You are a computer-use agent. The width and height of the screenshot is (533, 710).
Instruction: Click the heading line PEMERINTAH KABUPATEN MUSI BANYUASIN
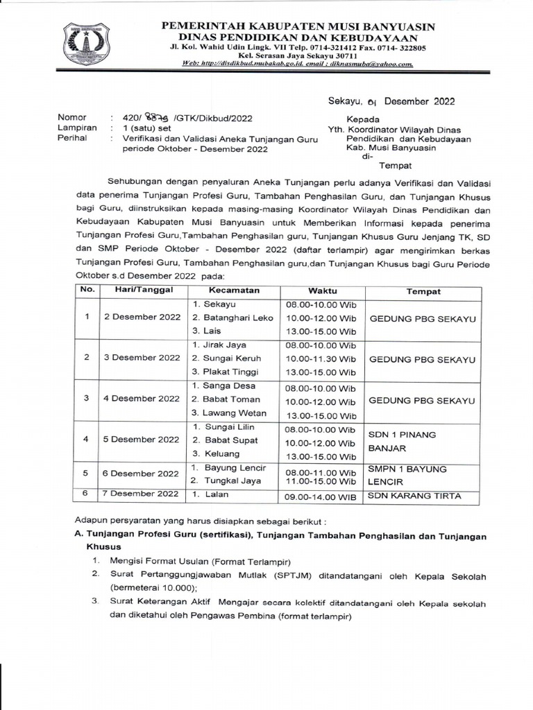pyautogui.click(x=298, y=26)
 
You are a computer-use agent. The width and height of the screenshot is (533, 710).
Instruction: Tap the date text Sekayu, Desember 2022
pyautogui.click(x=391, y=101)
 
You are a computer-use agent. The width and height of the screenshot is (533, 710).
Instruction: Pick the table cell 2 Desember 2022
pyautogui.click(x=142, y=317)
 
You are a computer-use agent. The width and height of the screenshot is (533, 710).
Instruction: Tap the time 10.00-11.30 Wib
pyautogui.click(x=320, y=358)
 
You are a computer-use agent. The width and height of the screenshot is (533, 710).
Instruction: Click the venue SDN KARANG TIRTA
pyautogui.click(x=423, y=495)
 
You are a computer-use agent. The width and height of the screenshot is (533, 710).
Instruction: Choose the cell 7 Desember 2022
pyautogui.click(x=142, y=495)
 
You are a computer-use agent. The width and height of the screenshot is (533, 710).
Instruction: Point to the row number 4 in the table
pyautogui.click(x=87, y=440)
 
